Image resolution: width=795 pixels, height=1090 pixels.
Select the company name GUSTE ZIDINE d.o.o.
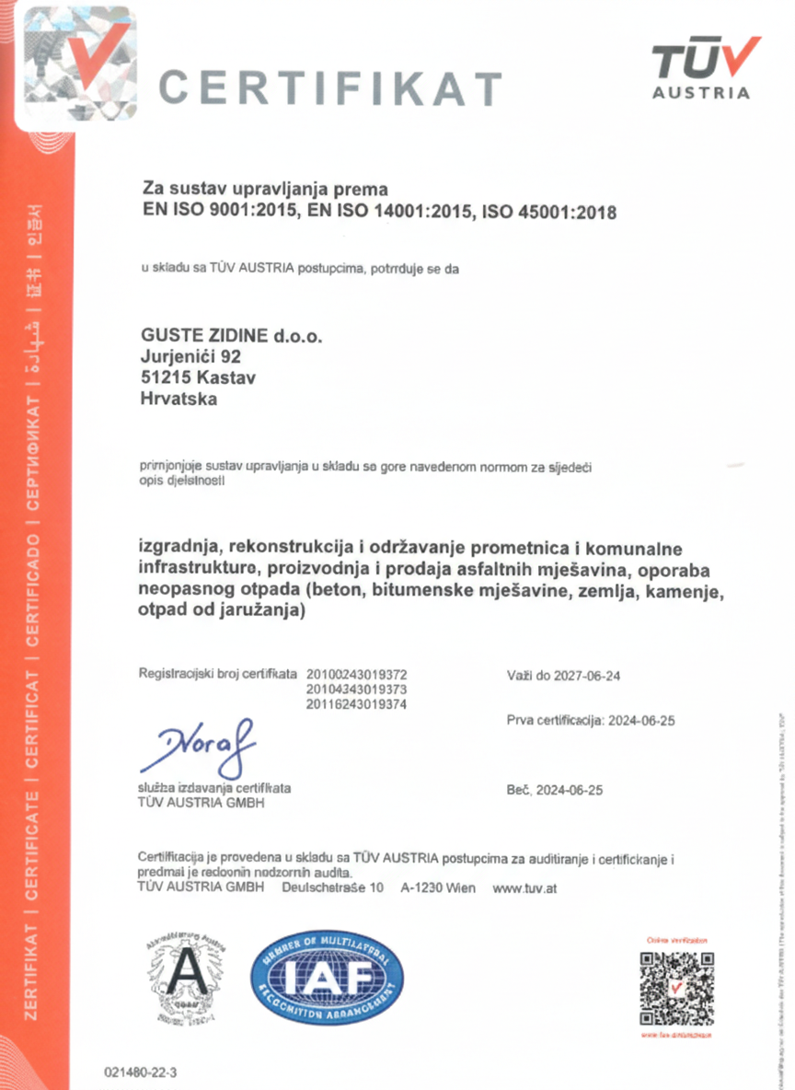coord(232,337)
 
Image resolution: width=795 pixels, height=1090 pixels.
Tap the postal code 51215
coord(163,377)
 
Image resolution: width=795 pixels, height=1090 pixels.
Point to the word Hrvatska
coord(179,399)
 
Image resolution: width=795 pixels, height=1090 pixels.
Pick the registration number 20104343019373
coord(356,690)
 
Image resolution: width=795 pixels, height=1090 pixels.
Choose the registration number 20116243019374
coord(356,704)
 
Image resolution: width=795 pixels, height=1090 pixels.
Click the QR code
coord(676,988)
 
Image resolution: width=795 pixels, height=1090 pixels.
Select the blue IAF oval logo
coord(327,981)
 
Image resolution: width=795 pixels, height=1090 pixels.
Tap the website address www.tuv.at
coord(524,888)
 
